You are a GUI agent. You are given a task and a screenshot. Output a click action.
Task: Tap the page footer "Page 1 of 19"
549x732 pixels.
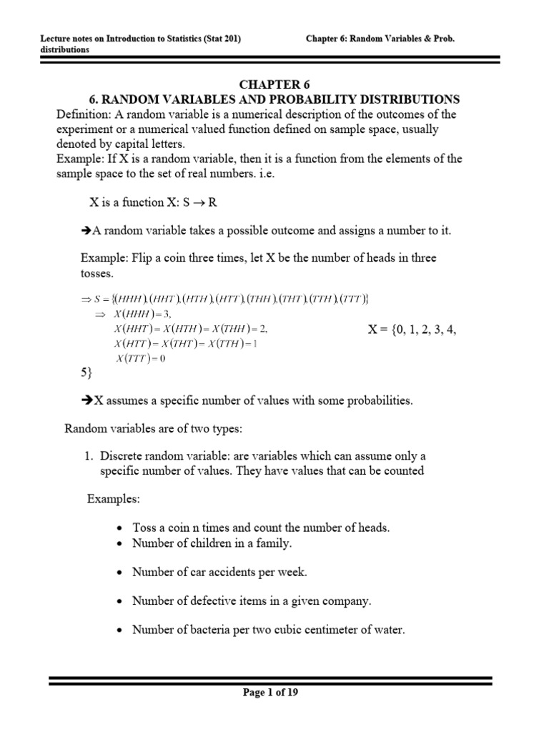pyautogui.click(x=274, y=692)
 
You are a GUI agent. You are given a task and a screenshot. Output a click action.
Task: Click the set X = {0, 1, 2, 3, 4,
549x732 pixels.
pyautogui.click(x=411, y=330)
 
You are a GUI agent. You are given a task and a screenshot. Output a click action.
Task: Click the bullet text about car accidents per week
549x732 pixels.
pyautogui.click(x=219, y=573)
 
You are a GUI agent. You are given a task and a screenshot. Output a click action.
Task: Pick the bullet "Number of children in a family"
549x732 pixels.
pyautogui.click(x=212, y=543)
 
